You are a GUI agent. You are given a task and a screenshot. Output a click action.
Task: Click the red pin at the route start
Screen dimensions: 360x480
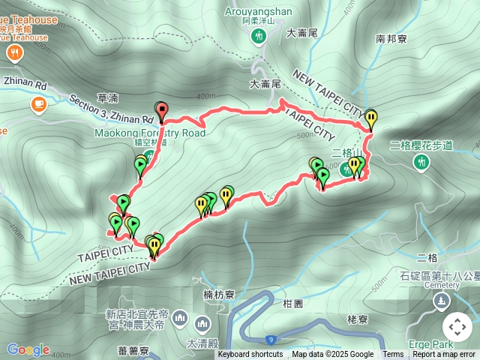(160, 109)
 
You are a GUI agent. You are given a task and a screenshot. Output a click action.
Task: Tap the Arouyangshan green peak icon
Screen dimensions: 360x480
(259, 36)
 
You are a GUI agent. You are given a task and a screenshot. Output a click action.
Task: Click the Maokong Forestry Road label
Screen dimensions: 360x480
(150, 133)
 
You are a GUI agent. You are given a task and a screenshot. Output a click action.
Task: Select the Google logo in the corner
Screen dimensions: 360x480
(28, 349)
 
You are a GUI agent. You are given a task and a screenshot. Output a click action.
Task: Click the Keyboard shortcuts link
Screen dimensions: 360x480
(250, 355)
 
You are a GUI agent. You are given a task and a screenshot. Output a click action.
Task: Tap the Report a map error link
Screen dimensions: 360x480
(444, 355)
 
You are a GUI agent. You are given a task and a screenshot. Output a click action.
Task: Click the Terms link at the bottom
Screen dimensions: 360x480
(393, 355)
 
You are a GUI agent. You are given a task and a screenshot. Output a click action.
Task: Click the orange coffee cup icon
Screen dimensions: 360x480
(38, 103)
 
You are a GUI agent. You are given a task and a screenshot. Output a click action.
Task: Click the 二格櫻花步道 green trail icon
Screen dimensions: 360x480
(422, 161)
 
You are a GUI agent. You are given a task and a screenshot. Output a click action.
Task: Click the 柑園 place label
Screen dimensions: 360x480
(293, 304)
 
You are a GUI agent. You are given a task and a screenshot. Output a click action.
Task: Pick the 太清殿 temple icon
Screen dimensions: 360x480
(202, 324)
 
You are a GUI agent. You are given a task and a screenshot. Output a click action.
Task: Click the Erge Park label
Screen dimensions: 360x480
(431, 343)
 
